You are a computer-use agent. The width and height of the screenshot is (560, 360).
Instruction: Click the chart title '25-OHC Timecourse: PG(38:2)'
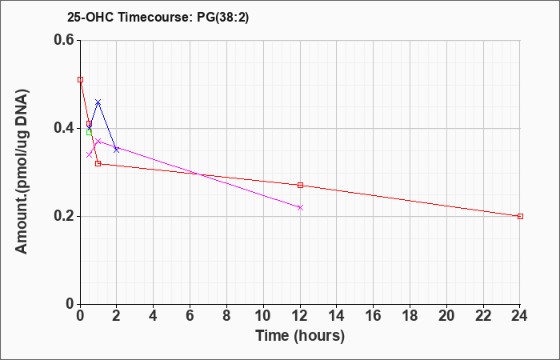point(158,18)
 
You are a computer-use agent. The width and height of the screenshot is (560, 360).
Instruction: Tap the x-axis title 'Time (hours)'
point(300,336)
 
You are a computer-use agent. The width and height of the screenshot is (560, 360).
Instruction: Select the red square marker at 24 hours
point(520,216)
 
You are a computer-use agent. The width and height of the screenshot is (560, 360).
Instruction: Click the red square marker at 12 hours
point(300,185)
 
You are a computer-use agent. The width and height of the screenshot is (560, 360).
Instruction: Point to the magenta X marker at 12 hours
point(300,207)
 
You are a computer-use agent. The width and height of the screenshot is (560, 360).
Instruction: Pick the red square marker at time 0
point(80,79)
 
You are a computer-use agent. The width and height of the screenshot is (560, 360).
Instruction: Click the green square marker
point(89,133)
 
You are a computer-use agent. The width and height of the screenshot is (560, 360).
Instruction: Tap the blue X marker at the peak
point(98,102)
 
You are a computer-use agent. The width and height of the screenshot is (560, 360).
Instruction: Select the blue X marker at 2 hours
point(117,150)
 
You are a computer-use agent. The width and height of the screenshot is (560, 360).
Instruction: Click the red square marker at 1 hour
point(98,163)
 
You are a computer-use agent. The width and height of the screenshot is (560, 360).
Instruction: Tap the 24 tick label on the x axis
point(519,316)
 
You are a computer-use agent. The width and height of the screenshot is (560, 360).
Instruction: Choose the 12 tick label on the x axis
point(300,316)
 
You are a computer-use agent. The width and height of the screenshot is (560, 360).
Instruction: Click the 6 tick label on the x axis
point(190,316)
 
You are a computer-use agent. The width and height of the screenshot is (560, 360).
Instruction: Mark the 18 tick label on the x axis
point(410,316)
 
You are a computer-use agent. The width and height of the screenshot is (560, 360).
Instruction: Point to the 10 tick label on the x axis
point(263,316)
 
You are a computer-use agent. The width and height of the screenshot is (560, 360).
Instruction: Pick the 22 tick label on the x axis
point(483,316)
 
